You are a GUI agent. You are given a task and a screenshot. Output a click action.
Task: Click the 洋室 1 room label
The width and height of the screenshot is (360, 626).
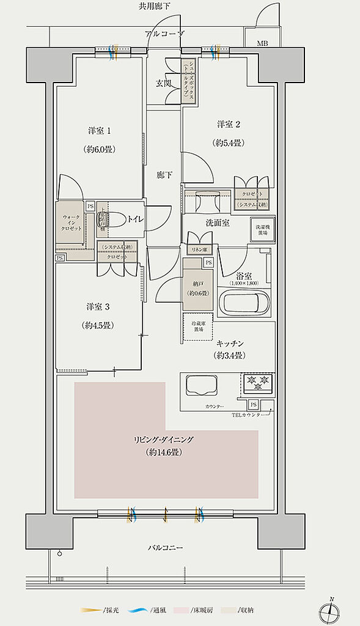coord(100,130)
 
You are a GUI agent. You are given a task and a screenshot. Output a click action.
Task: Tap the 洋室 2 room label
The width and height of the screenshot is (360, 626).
coord(228,125)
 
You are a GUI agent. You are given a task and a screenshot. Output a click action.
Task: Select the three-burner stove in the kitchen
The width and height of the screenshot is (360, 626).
coord(257,383)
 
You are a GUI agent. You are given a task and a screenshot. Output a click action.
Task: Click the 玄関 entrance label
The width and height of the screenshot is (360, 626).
coord(163,84)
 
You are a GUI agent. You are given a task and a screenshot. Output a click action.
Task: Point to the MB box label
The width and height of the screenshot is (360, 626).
coord(262,43)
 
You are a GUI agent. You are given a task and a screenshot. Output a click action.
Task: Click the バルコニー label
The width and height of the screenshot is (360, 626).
coord(165,547)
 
